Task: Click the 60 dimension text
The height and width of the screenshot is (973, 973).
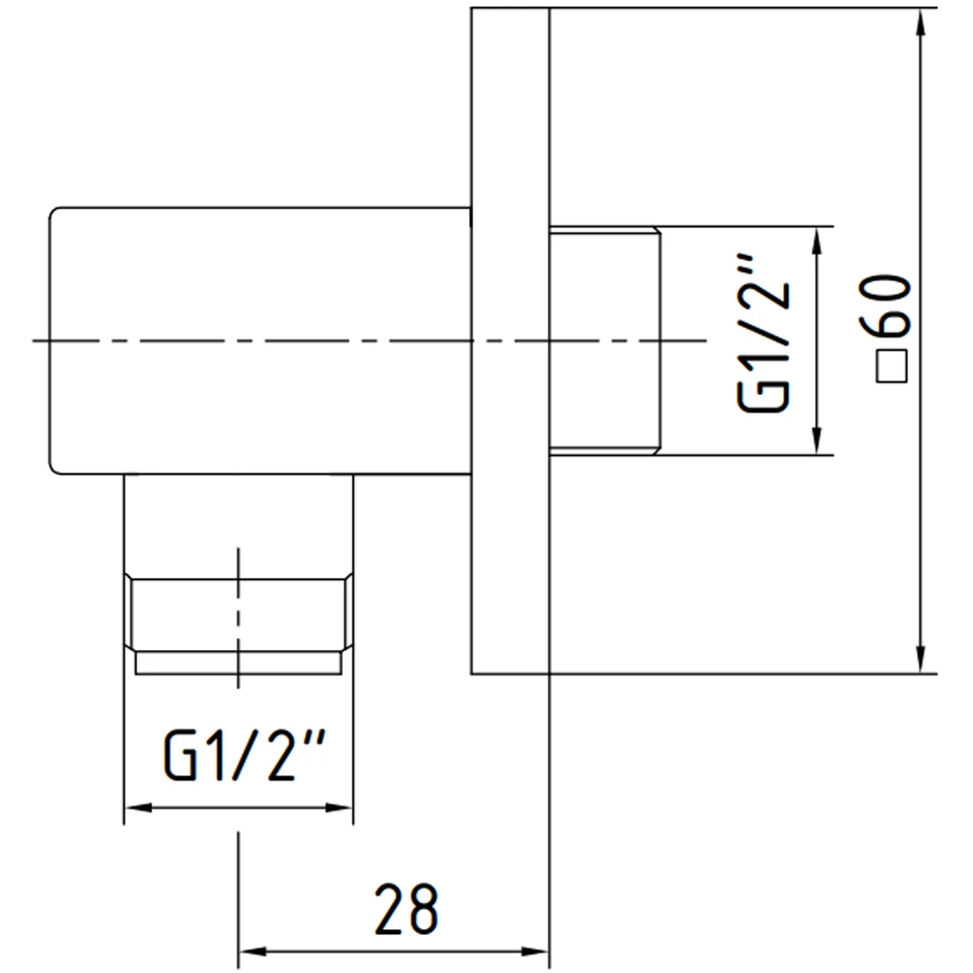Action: click(x=885, y=306)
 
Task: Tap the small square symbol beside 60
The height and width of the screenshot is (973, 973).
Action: click(x=891, y=366)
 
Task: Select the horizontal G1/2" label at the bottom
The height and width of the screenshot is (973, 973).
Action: click(x=244, y=755)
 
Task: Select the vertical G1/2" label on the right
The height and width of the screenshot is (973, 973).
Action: click(x=764, y=333)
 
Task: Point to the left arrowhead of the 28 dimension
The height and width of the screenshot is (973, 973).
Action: click(x=253, y=952)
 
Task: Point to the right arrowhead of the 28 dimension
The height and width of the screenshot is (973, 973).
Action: click(x=534, y=952)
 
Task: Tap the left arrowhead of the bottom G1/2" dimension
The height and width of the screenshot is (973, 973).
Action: click(x=138, y=808)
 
